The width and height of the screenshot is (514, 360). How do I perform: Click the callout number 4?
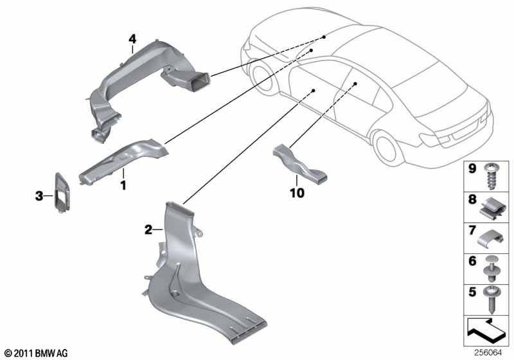point(132,39)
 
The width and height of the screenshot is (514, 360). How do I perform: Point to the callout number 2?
point(148,229)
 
